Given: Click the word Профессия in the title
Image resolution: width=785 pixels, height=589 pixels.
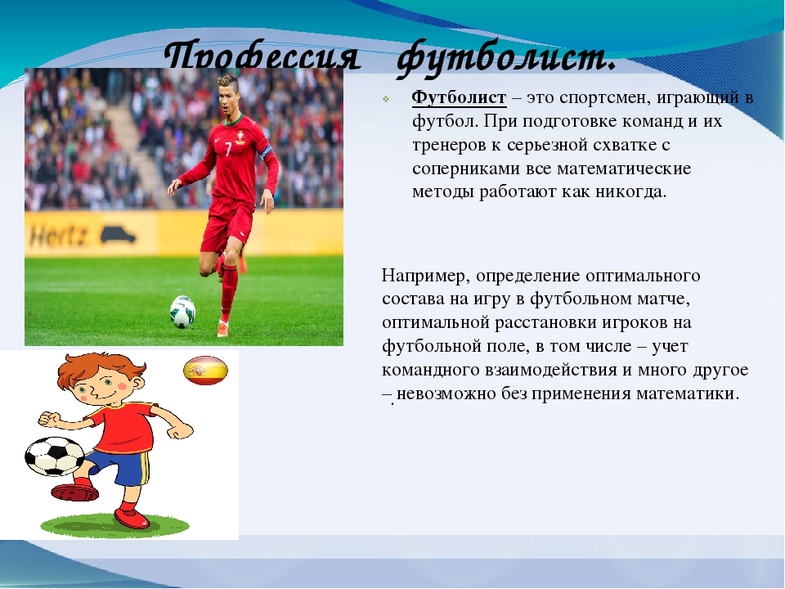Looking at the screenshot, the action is coord(262,56).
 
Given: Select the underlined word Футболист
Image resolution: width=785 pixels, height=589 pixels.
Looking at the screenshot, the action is coord(459,97).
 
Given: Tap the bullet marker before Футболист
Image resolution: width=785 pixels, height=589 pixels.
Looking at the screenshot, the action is coord(386,99).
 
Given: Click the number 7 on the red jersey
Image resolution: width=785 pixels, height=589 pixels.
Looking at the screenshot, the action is coord(228,149).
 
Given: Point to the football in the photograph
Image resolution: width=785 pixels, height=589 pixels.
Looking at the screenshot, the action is coord(182,312).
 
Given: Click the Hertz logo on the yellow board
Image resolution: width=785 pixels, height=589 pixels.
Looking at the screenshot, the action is coord(59,235).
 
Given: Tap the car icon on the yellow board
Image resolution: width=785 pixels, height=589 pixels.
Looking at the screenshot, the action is coord(118,234).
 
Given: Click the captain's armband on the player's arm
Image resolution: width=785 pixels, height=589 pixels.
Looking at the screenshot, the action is coord(266,152).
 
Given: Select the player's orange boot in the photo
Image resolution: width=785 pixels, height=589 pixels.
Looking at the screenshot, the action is coord(222,329).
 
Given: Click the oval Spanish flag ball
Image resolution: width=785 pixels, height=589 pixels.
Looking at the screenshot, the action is coord(206,371).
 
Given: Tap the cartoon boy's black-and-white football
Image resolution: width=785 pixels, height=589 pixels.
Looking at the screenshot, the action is coord(55,456).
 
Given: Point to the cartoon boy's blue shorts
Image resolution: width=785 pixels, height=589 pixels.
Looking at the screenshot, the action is coord(120,465).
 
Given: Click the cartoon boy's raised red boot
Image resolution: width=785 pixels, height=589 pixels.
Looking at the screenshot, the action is coord(75,492).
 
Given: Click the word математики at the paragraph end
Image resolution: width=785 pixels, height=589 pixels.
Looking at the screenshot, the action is coord(686,393).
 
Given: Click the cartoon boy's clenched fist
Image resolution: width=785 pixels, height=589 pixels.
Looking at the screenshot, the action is coord(48,418).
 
